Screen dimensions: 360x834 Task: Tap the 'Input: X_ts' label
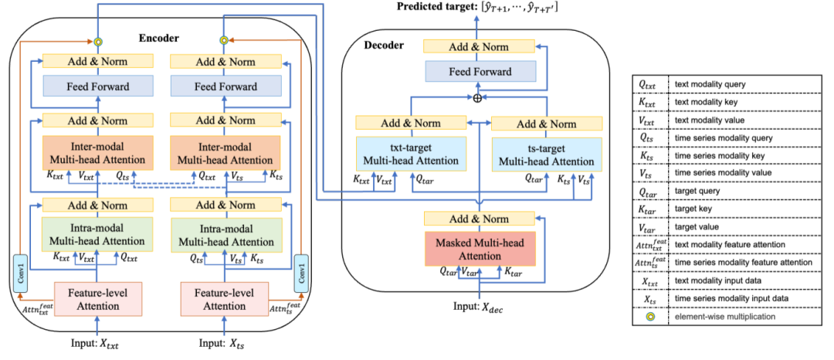pos(224,341)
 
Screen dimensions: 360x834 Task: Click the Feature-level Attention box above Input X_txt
pos(97,300)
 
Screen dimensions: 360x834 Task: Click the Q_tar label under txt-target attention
pos(424,179)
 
